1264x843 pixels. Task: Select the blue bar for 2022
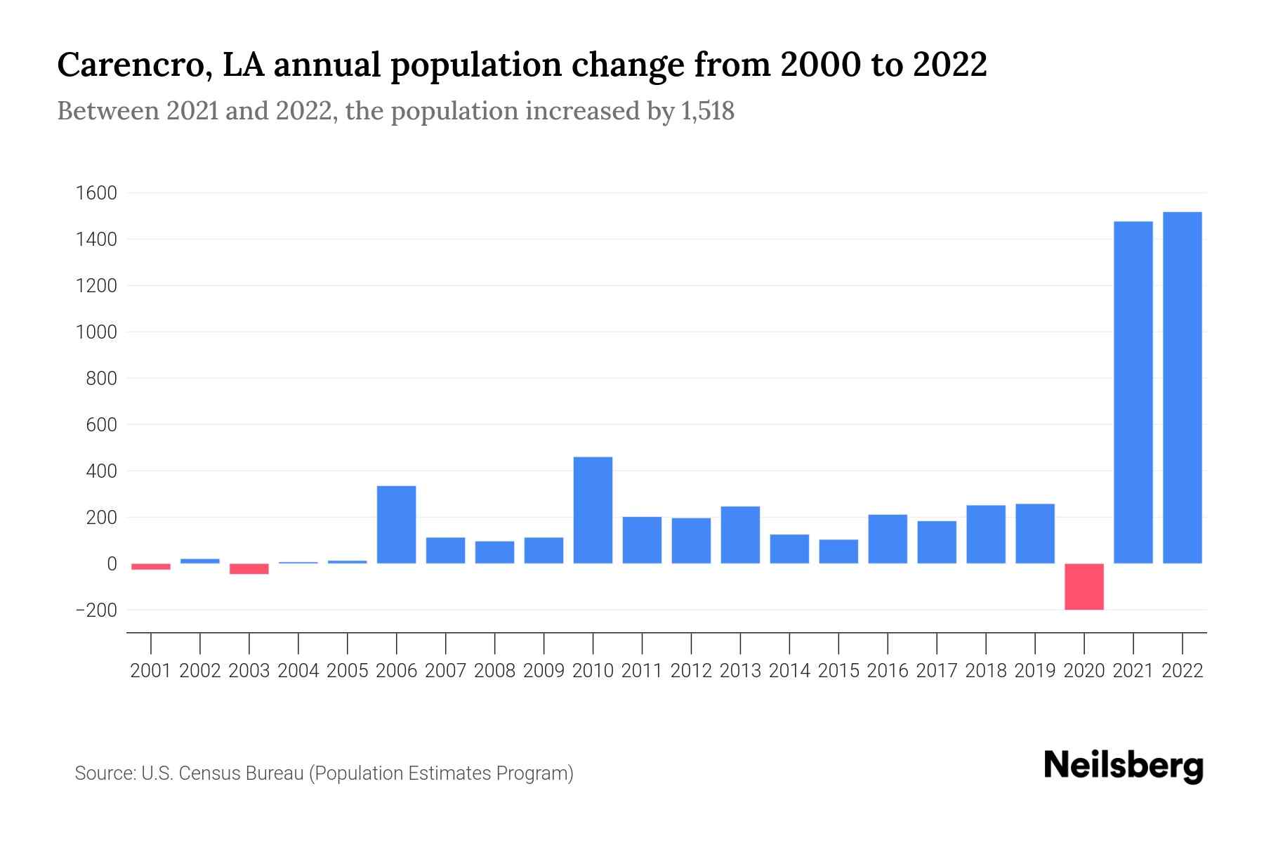point(1183,388)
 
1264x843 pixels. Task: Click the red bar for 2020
point(1084,587)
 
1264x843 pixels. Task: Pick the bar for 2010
point(593,511)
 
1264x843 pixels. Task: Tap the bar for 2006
point(397,525)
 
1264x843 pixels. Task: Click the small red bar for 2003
point(249,569)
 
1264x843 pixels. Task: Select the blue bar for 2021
point(1133,393)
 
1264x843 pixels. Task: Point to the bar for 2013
point(740,535)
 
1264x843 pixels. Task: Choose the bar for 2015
point(838,551)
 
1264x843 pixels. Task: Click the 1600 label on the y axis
point(96,193)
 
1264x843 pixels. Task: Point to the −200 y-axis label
point(96,610)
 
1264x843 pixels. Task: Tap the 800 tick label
point(102,379)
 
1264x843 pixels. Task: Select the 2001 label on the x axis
point(151,671)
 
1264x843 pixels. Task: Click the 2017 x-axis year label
point(937,671)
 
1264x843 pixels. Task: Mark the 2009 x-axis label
point(544,671)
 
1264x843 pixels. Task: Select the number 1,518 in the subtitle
point(707,111)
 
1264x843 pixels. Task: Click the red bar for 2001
point(151,566)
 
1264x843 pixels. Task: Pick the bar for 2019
point(1035,534)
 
